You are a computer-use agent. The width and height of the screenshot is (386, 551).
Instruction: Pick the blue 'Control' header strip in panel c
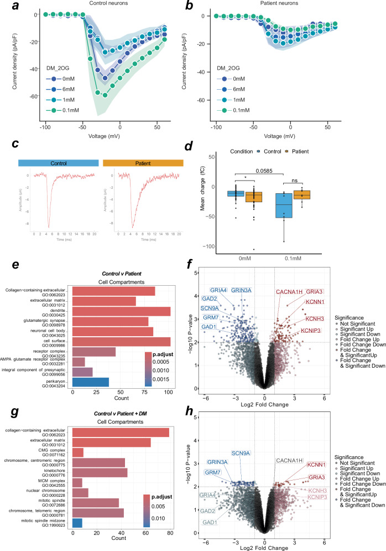point(58,162)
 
